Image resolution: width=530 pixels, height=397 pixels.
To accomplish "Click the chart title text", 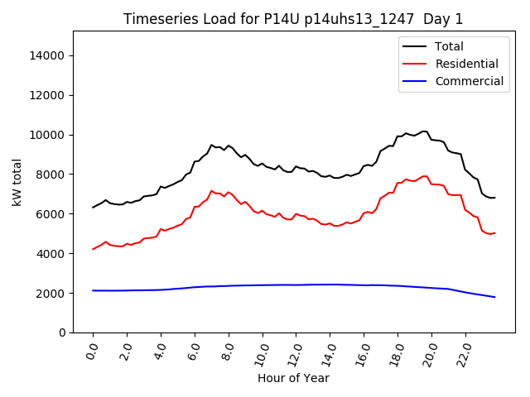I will pos(293,19).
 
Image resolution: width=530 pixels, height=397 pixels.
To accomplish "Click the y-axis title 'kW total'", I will pos(17,182).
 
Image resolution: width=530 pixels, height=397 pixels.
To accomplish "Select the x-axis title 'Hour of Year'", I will pos(293,378).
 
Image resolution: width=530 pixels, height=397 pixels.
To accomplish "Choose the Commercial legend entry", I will pos(469,81).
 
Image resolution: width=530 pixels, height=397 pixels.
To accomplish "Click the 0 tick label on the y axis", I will pos(62,332).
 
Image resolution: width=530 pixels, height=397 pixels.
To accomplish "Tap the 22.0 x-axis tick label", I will pos(462,353).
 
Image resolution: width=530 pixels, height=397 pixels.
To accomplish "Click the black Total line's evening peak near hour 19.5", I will pos(424,131).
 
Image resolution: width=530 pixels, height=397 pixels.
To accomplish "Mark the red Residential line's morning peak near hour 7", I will pos(211,190).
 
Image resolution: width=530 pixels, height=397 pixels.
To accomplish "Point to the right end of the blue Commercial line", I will pos(494,297).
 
